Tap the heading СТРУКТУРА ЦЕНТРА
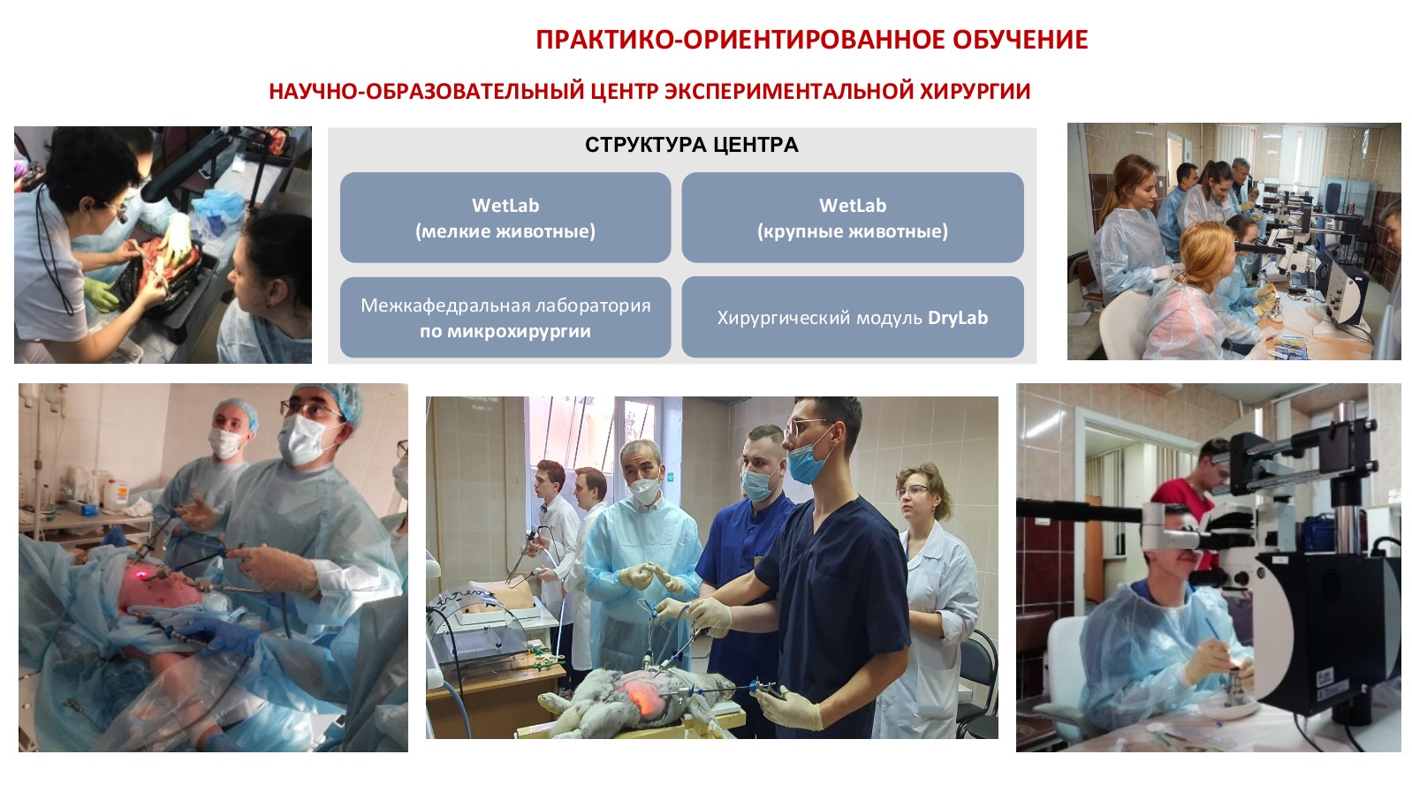click(x=691, y=145)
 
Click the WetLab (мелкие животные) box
click(x=505, y=217)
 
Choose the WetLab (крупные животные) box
click(x=852, y=217)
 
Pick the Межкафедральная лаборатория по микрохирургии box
click(x=505, y=317)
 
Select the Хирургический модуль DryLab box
click(x=852, y=317)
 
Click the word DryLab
click(x=958, y=318)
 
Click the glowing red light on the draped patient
click(x=140, y=575)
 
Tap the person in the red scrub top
click(x=1188, y=494)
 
